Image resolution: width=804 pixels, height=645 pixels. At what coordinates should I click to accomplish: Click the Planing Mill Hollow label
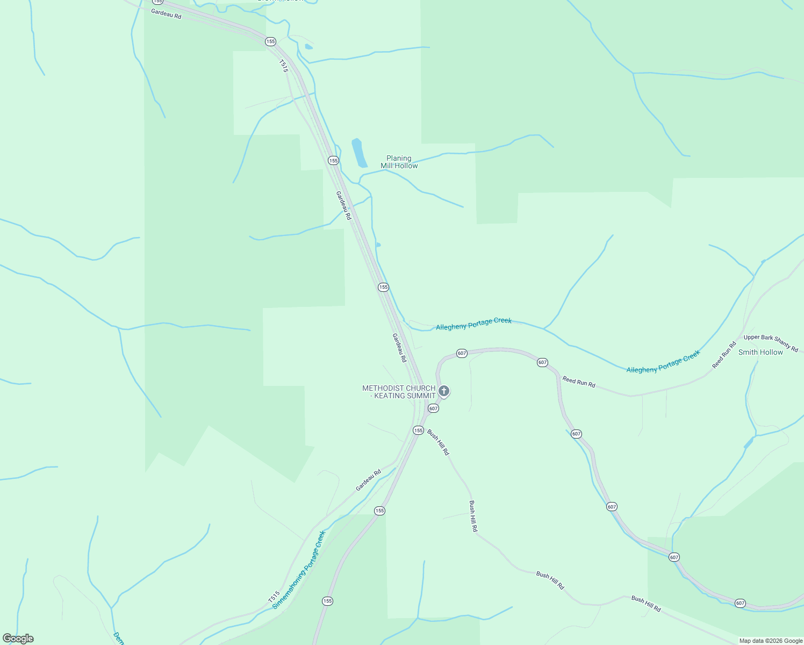pos(399,162)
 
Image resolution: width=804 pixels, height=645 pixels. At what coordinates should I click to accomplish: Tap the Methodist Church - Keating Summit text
pos(399,392)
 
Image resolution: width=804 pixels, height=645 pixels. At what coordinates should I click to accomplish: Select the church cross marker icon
pos(443,391)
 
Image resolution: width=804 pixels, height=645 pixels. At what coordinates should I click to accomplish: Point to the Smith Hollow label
pos(760,352)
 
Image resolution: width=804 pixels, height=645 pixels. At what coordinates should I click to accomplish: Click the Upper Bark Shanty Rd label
pos(771,343)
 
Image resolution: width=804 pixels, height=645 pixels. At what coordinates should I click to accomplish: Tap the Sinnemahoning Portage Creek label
pos(299,570)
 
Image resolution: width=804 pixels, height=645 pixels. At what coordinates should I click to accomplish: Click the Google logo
pos(18,639)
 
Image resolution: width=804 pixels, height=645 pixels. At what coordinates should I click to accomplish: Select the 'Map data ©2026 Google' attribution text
pos(771,641)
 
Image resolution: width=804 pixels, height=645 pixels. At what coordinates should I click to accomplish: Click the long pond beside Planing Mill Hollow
pos(359,153)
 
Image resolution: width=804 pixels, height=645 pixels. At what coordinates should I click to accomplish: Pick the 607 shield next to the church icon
pos(433,408)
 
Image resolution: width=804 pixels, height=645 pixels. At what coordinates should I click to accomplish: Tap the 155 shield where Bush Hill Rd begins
pos(418,430)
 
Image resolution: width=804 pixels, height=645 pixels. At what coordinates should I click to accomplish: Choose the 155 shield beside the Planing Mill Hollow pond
pos(333,160)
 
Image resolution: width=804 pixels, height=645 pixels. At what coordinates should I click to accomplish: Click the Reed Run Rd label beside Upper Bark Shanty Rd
pos(724,355)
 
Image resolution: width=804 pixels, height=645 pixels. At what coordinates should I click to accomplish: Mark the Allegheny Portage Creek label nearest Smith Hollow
pos(663,361)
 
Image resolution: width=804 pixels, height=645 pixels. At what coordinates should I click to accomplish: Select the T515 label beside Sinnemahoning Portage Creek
pos(274,597)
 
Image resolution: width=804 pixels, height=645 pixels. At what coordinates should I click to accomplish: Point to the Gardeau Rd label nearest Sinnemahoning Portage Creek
pos(368,480)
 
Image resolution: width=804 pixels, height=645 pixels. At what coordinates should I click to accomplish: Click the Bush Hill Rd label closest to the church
pos(438,442)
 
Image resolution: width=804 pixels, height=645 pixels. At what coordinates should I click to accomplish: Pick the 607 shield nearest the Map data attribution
pos(740,603)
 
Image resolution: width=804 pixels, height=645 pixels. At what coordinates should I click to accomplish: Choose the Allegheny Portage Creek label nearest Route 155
pos(473,324)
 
